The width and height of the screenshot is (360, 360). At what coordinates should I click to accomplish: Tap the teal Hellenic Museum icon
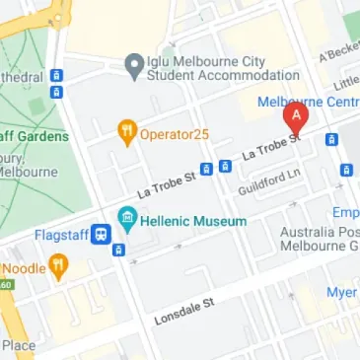click(126, 220)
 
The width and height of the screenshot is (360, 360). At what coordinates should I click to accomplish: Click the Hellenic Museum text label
click(193, 221)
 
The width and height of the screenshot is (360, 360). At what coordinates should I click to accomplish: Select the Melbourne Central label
click(307, 102)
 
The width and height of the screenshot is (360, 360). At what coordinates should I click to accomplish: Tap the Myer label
click(342, 291)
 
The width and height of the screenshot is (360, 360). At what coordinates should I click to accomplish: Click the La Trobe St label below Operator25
click(159, 181)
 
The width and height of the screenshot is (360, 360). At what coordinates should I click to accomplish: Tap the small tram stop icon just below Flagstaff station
click(118, 250)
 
